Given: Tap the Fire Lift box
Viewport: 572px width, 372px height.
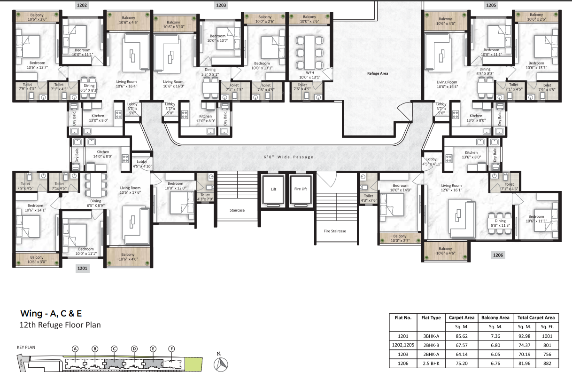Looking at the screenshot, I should click(301, 189).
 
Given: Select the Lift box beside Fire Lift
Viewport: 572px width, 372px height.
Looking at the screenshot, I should click(273, 189).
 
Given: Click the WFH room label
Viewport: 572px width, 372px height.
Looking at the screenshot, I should click(309, 75).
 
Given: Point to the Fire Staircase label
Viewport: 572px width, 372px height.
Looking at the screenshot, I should click(335, 231).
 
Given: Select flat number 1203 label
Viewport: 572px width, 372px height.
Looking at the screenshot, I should click(221, 5).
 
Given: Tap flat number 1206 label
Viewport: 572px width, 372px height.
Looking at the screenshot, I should click(498, 255).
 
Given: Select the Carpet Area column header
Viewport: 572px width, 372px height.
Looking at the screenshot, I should click(462, 317).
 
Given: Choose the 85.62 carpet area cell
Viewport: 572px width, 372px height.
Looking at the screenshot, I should click(462, 336).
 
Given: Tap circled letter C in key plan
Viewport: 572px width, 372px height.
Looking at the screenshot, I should click(114, 348).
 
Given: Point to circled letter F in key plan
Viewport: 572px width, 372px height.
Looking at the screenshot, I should click(171, 348).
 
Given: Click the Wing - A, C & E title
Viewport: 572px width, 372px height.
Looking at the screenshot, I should click(54, 313).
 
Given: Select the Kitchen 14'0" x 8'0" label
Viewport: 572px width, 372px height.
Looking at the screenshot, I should click(103, 154).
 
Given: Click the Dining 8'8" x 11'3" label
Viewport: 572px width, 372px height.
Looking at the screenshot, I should click(500, 223).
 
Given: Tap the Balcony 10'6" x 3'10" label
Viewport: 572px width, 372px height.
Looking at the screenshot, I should click(173, 24).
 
